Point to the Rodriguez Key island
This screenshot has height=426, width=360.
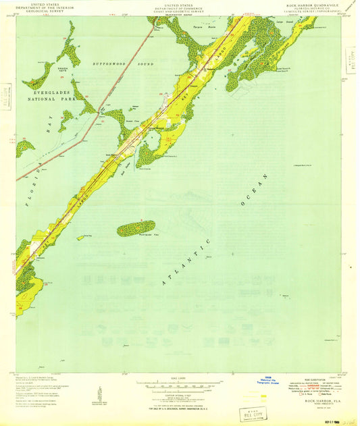(136, 229)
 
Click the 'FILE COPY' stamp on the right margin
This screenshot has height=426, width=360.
(349, 59)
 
